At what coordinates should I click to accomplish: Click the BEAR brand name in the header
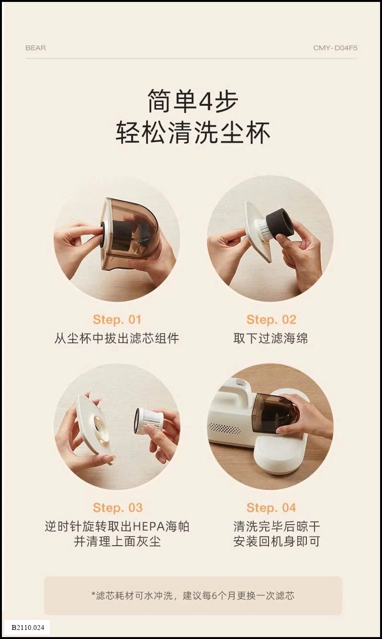click(x=35, y=48)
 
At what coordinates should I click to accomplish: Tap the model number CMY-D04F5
click(x=335, y=48)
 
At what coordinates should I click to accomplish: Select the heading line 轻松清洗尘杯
click(x=193, y=133)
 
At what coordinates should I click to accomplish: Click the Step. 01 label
click(x=117, y=319)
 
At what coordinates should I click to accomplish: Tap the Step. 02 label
click(x=271, y=319)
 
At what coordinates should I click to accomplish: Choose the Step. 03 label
click(x=117, y=507)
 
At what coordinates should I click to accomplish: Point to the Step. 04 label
click(x=271, y=507)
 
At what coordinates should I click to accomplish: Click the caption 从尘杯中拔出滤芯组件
click(x=117, y=338)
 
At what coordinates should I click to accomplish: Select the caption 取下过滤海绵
click(x=271, y=338)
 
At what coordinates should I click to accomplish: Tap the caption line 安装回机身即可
click(x=277, y=541)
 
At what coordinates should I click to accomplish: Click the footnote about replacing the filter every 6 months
click(x=193, y=595)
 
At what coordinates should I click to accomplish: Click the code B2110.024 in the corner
click(x=27, y=627)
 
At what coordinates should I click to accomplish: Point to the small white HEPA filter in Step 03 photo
click(x=149, y=420)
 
